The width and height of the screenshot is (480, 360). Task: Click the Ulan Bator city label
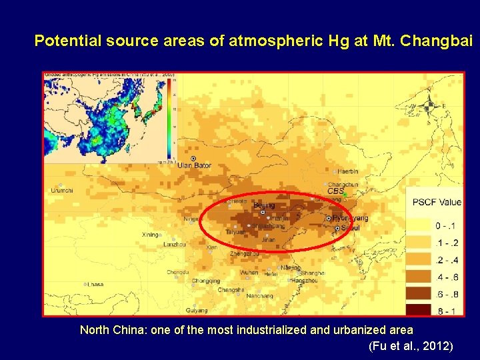(195, 165)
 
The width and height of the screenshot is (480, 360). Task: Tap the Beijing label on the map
(264, 206)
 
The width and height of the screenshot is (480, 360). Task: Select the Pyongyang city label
(350, 219)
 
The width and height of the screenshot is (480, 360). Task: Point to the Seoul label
(350, 228)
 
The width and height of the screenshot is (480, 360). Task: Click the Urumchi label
(63, 191)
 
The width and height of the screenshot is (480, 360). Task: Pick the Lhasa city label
(95, 284)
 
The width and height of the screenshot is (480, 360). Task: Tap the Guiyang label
(197, 311)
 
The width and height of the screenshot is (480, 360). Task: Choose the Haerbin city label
(348, 171)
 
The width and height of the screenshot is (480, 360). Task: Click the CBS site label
(335, 191)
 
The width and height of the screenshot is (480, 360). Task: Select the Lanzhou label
(175, 245)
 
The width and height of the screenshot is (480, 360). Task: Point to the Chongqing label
(205, 281)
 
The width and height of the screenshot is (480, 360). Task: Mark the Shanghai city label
(313, 273)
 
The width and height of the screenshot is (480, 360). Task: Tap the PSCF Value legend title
(437, 203)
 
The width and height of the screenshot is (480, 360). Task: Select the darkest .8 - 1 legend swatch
(421, 310)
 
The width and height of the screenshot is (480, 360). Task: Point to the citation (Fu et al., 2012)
(410, 346)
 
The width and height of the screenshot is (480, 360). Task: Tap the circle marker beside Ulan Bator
(193, 158)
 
